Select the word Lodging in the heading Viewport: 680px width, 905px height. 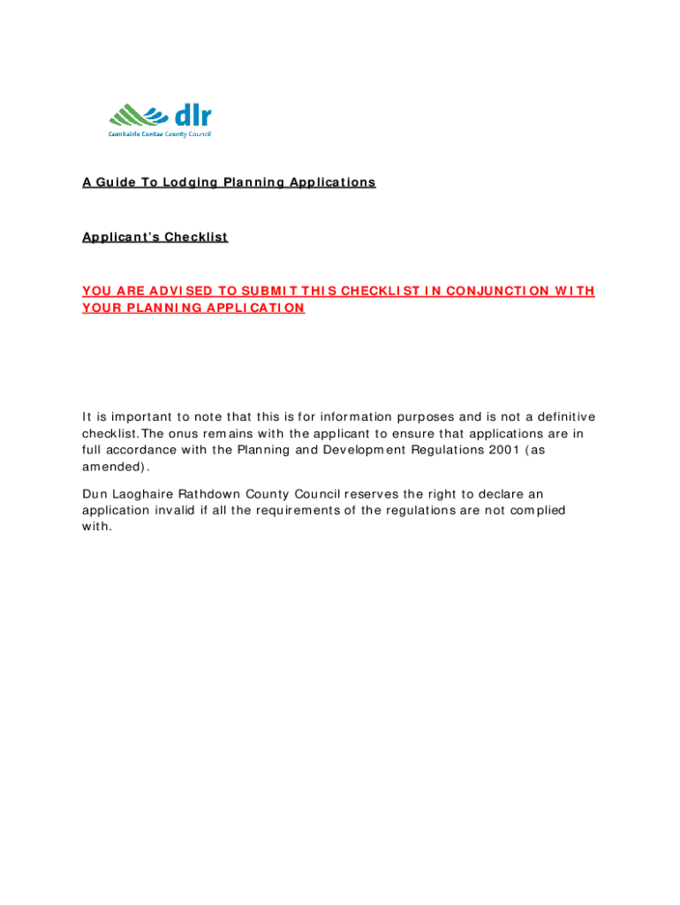[x=188, y=183]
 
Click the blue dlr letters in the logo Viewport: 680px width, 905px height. [x=193, y=116]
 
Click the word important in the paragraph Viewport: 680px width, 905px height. [x=135, y=417]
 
